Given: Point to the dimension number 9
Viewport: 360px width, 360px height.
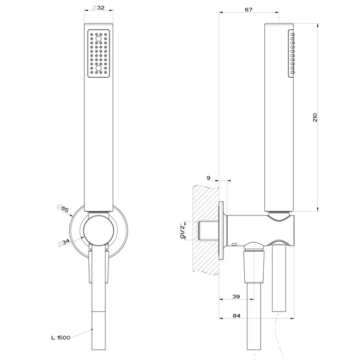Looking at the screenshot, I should [208, 177].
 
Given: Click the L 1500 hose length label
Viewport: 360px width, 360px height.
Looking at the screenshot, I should [61, 337].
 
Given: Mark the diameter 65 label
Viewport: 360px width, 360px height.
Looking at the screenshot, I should [65, 209].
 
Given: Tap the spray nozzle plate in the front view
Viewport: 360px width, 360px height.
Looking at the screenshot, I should [98, 53].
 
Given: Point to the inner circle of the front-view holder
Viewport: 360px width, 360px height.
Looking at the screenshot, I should [97, 229].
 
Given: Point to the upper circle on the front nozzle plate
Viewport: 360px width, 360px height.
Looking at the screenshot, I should [98, 38].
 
